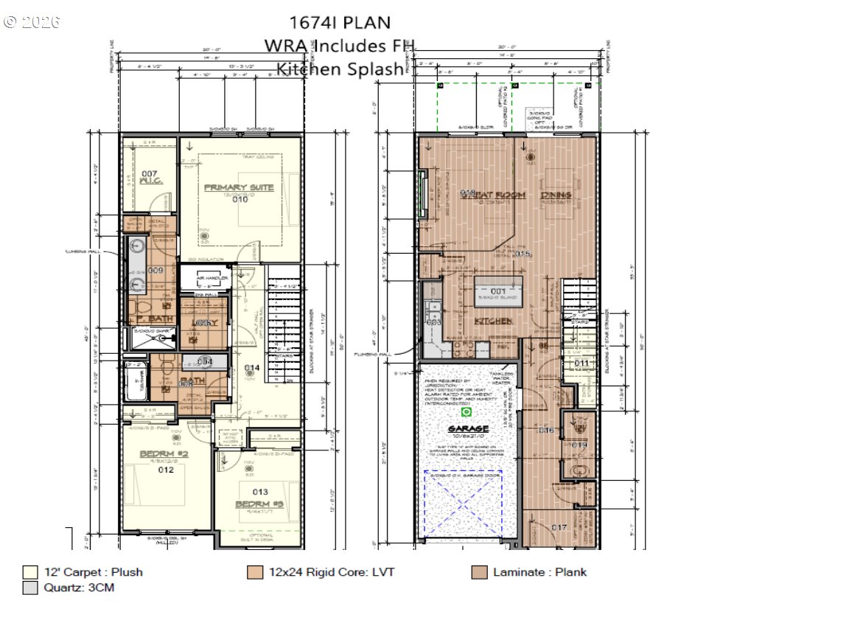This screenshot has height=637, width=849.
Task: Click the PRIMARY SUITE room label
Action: click(238, 187)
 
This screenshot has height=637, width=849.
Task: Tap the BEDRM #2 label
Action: click(165, 453)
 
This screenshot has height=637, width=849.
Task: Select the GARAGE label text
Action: click(469, 428)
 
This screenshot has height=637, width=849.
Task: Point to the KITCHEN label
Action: click(493, 321)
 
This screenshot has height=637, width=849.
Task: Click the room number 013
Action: click(259, 492)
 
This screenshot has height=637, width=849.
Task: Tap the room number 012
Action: click(165, 469)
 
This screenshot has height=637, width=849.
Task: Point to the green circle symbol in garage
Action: click(466, 412)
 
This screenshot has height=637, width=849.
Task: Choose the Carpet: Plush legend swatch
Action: click(30, 572)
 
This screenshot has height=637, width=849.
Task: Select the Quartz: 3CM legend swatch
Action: click(30, 588)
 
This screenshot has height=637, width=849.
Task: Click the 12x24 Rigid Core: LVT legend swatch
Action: click(255, 572)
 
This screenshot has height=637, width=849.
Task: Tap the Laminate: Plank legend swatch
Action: click(479, 572)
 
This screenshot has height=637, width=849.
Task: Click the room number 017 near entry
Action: click(559, 527)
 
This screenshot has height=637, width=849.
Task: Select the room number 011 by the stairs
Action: click(581, 363)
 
